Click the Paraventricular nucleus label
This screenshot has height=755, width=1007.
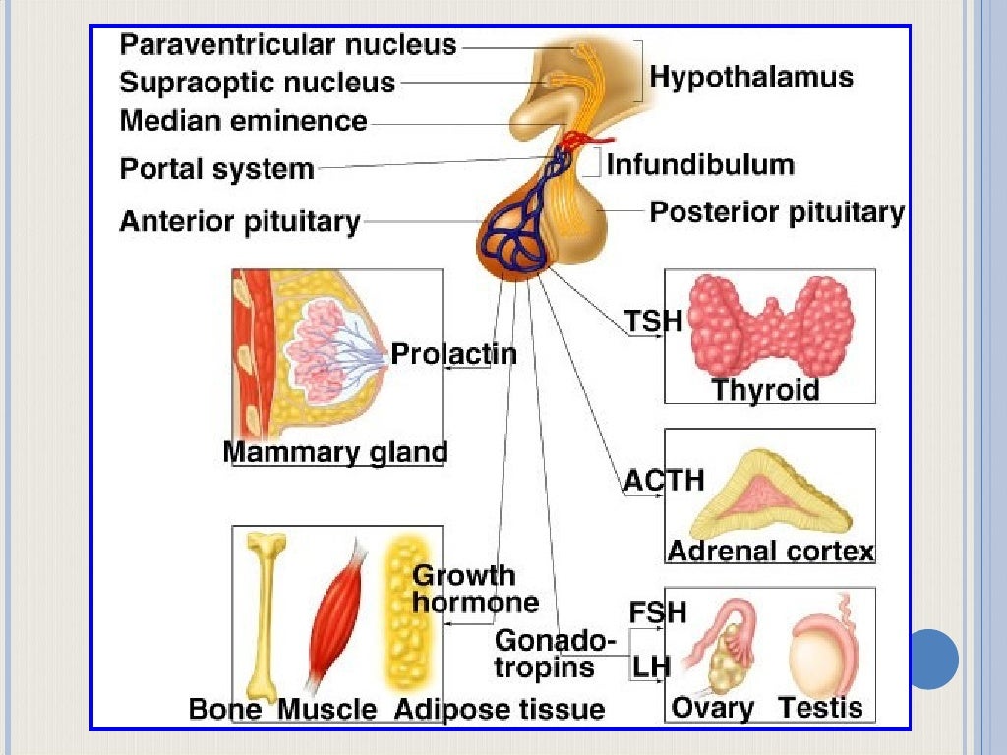coord(288,44)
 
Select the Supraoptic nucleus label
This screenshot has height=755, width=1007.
coord(258,82)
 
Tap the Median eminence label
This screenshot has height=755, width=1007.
coord(243,121)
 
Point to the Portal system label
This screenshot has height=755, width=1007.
coord(216,168)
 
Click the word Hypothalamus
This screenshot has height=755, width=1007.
coord(751,77)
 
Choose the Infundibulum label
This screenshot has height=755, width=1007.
coord(700,163)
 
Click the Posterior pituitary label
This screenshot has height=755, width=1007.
coord(777,211)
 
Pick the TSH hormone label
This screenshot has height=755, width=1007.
coord(652,321)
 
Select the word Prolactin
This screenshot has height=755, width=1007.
coord(453,353)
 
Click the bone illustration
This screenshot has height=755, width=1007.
coord(264,610)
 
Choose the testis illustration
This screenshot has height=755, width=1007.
coord(824,653)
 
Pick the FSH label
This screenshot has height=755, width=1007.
coord(657,612)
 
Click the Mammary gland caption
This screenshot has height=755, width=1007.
coord(335,452)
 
